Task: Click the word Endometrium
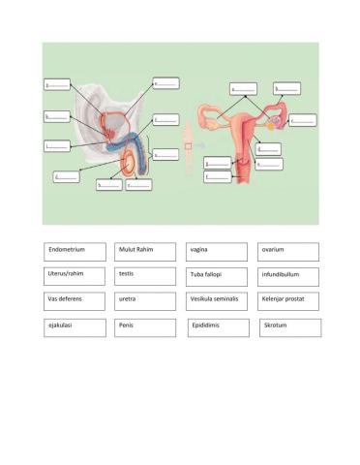point(66,250)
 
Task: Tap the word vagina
point(200,250)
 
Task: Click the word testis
point(127,275)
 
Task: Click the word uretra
point(128,300)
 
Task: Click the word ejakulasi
point(63,326)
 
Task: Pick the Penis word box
point(125,326)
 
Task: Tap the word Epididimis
point(207,327)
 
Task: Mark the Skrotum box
point(276,327)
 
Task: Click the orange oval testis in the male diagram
point(129,170)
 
